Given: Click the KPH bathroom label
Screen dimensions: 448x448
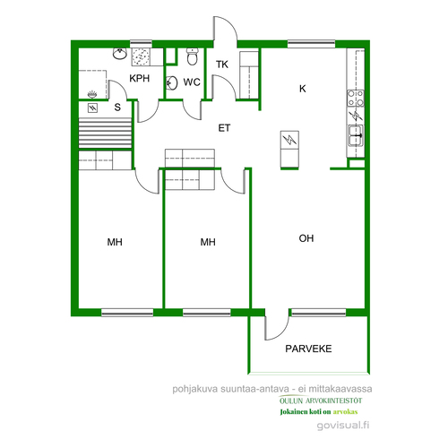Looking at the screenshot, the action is pos(139,78).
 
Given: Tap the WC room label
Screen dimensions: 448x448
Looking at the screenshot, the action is pos(192,82).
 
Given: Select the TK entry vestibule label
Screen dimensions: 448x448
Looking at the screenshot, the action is pos(222,65).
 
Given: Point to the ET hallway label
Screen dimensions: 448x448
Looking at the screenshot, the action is pos(224,128).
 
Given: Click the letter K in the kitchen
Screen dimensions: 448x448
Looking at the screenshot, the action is pos(303,89).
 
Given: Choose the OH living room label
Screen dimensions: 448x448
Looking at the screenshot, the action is pos(306,238).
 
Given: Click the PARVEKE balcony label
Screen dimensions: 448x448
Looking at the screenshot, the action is pos(308,349).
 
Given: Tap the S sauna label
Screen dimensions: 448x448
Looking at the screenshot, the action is pos(117,108).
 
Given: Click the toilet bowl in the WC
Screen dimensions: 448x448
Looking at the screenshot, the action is pos(192,56).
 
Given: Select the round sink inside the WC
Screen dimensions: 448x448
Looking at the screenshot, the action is pos(172,83).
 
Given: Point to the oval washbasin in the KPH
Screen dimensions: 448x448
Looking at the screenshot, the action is pos(120,54).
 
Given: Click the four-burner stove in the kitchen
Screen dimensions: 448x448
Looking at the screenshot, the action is pos(356,98).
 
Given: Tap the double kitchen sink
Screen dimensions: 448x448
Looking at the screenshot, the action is pos(356,136).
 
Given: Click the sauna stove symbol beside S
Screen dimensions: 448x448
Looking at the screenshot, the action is pos(92,108).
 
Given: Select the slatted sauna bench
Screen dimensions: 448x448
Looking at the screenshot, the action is pos(105,133).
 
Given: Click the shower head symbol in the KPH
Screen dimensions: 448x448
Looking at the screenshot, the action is pos(92,95).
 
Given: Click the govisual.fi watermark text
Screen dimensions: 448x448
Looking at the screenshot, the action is pos(343,425).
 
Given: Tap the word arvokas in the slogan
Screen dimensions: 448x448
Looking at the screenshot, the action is pos(345,412).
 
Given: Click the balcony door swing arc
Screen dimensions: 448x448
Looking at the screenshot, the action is pos(280,330).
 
